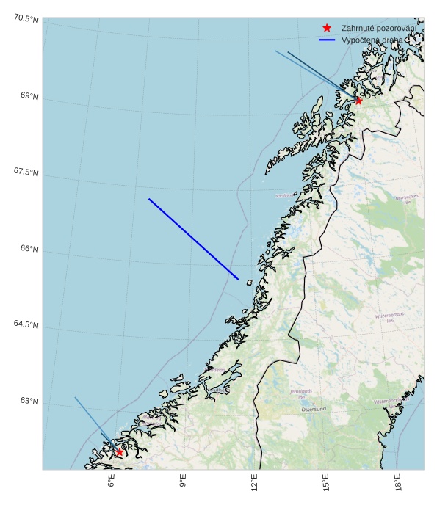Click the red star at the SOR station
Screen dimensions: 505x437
358,101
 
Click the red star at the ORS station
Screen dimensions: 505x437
119,452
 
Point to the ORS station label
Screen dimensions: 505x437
126,446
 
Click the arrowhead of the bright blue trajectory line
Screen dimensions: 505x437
236,278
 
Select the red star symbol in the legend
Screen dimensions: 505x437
327,27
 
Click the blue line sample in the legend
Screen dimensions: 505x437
327,40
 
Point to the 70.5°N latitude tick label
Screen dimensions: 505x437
26,19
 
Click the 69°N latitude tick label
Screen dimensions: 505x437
29,96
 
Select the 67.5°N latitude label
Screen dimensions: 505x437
26,172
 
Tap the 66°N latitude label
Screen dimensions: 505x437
29,249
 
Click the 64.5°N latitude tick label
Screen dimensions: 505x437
26,324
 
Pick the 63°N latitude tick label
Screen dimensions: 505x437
29,401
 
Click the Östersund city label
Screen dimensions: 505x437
314,409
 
